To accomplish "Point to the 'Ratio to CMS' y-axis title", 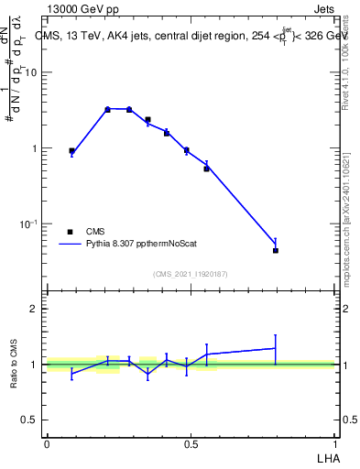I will pos(15,364).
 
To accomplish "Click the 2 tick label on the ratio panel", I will pos(35,310).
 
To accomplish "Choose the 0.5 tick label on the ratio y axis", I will pos(30,420).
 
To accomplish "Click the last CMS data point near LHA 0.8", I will pos(276,250).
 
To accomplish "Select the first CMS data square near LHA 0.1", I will pos(71,150).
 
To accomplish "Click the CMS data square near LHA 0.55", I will pos(206,169).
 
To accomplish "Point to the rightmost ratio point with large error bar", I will pos(276,348).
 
